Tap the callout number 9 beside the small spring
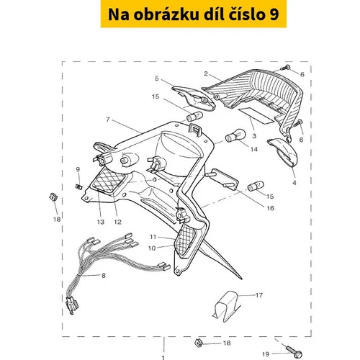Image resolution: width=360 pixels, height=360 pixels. coord(78,169)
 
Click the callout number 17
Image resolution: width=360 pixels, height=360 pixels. coord(259,295)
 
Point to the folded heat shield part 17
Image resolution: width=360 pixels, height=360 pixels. coord(225,306)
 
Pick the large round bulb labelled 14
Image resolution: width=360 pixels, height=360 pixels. coord(235,135)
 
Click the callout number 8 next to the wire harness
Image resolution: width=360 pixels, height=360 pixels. coord(104,275)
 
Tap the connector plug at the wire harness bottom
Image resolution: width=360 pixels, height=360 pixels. coord(72,305)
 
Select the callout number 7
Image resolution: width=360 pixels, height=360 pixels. coord(108,120)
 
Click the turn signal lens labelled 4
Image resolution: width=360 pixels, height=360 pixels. coord(282,152)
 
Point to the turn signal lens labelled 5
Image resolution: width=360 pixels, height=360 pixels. coord(194,99)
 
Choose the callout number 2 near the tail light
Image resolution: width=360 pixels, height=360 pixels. coord(206,73)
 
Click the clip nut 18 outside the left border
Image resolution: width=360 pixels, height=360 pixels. coord(53,197)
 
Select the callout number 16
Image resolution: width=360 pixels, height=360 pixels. coord(271,208)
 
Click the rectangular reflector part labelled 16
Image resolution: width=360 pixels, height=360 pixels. coord(224,179)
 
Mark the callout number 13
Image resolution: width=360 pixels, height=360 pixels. coord(101,222)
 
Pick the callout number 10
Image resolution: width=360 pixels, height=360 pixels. coord(152,248)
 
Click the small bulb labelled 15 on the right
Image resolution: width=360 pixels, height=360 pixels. coord(256,186)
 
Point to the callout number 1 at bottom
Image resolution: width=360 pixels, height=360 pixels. coord(163,358)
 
